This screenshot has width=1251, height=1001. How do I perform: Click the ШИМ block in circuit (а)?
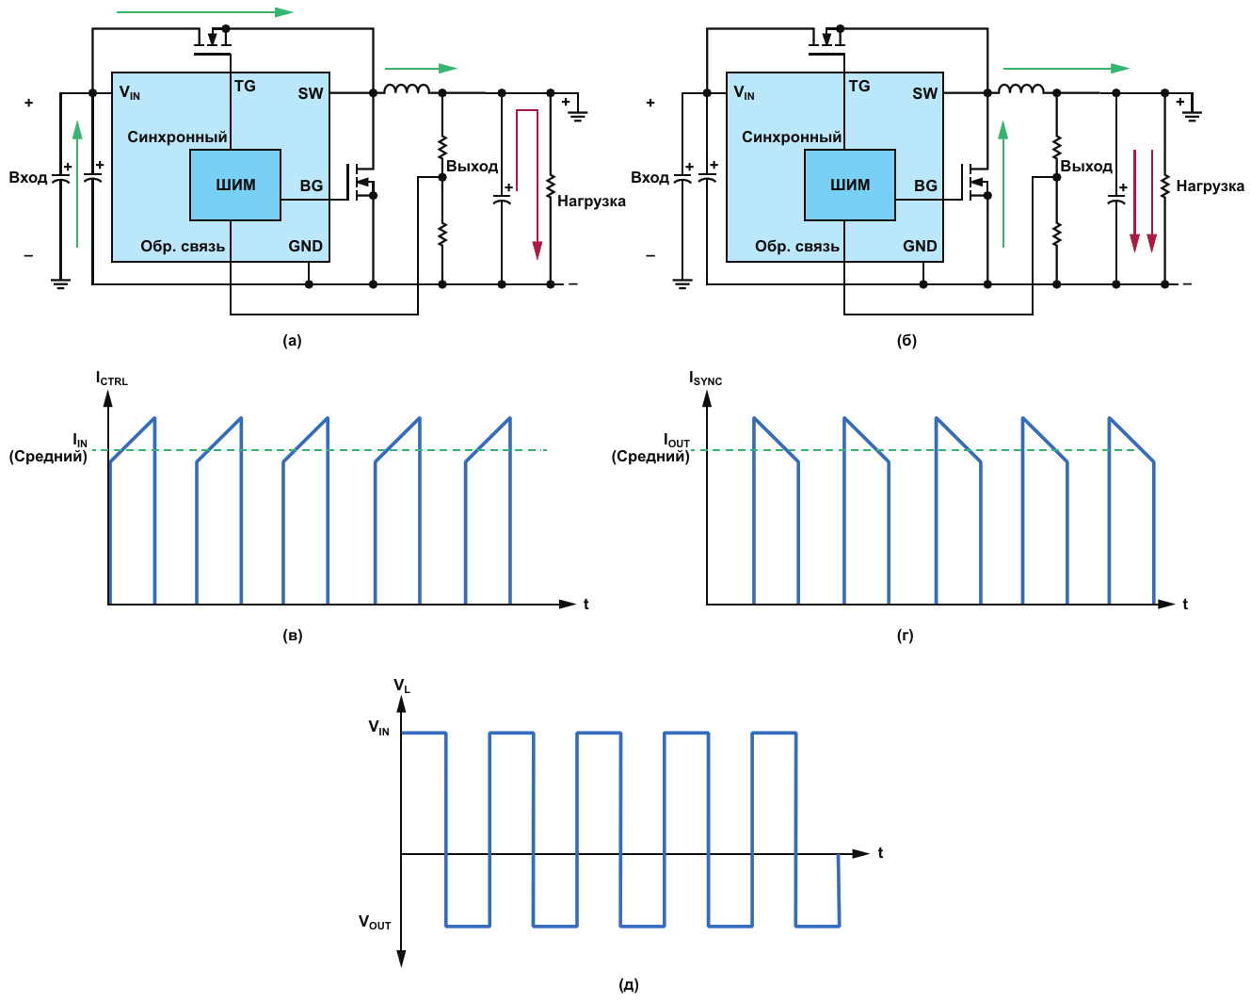235,185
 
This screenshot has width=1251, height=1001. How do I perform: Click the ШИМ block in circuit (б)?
850,185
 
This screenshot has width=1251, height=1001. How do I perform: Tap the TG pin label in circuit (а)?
245,86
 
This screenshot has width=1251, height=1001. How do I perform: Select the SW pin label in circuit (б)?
924,93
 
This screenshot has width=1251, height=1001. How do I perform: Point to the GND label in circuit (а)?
305,246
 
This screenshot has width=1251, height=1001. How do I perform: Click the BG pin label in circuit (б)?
925,186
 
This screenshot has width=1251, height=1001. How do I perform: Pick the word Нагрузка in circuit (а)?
591,201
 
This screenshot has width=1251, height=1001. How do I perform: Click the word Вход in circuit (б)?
650,177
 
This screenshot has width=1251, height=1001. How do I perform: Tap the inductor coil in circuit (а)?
407,90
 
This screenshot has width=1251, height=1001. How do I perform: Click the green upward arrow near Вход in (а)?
77,184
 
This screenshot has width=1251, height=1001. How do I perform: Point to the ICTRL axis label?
111,379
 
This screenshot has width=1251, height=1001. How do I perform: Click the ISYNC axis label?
705,379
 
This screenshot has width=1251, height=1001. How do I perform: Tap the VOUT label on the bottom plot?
375,923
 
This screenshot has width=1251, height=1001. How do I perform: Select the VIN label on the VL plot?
378,728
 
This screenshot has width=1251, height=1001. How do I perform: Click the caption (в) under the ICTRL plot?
293,636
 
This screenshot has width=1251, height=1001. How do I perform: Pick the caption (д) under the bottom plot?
629,985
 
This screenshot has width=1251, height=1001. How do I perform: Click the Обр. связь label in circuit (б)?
796,246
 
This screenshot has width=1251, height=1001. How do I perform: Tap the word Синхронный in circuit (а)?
177,137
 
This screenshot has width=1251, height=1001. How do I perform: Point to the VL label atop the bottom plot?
402,686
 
